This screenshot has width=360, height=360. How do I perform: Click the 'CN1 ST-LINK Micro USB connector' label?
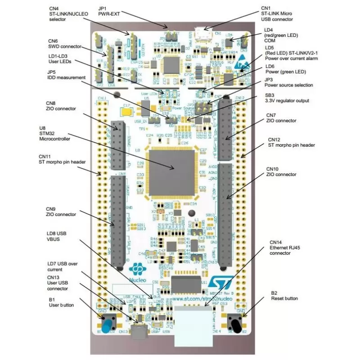(276, 13)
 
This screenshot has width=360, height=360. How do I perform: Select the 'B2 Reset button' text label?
(284, 295)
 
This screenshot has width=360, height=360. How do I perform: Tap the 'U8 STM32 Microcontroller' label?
(55, 133)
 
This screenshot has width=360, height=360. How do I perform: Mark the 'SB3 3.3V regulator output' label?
(287, 97)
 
